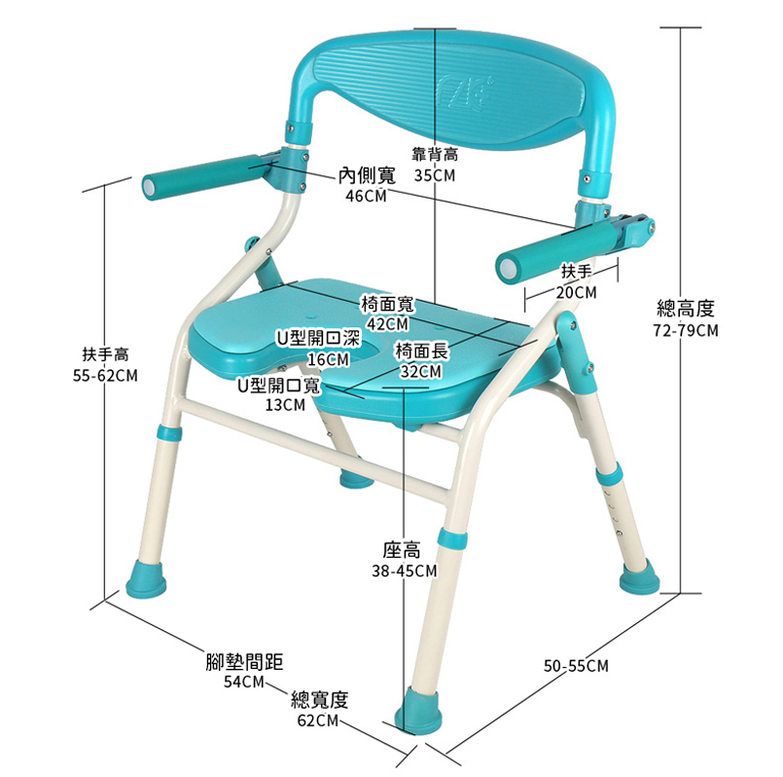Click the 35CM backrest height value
(x=434, y=176)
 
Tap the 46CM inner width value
(x=366, y=196)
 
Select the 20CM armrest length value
(x=577, y=292)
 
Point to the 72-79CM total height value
(x=686, y=331)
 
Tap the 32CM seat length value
(x=420, y=371)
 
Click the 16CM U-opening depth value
(x=327, y=358)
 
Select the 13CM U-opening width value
(x=285, y=405)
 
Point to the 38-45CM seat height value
(x=404, y=571)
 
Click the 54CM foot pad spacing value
(x=243, y=682)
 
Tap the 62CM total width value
(x=318, y=721)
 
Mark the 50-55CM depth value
(x=576, y=666)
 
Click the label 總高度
(x=686, y=310)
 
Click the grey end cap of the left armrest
(x=149, y=184)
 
